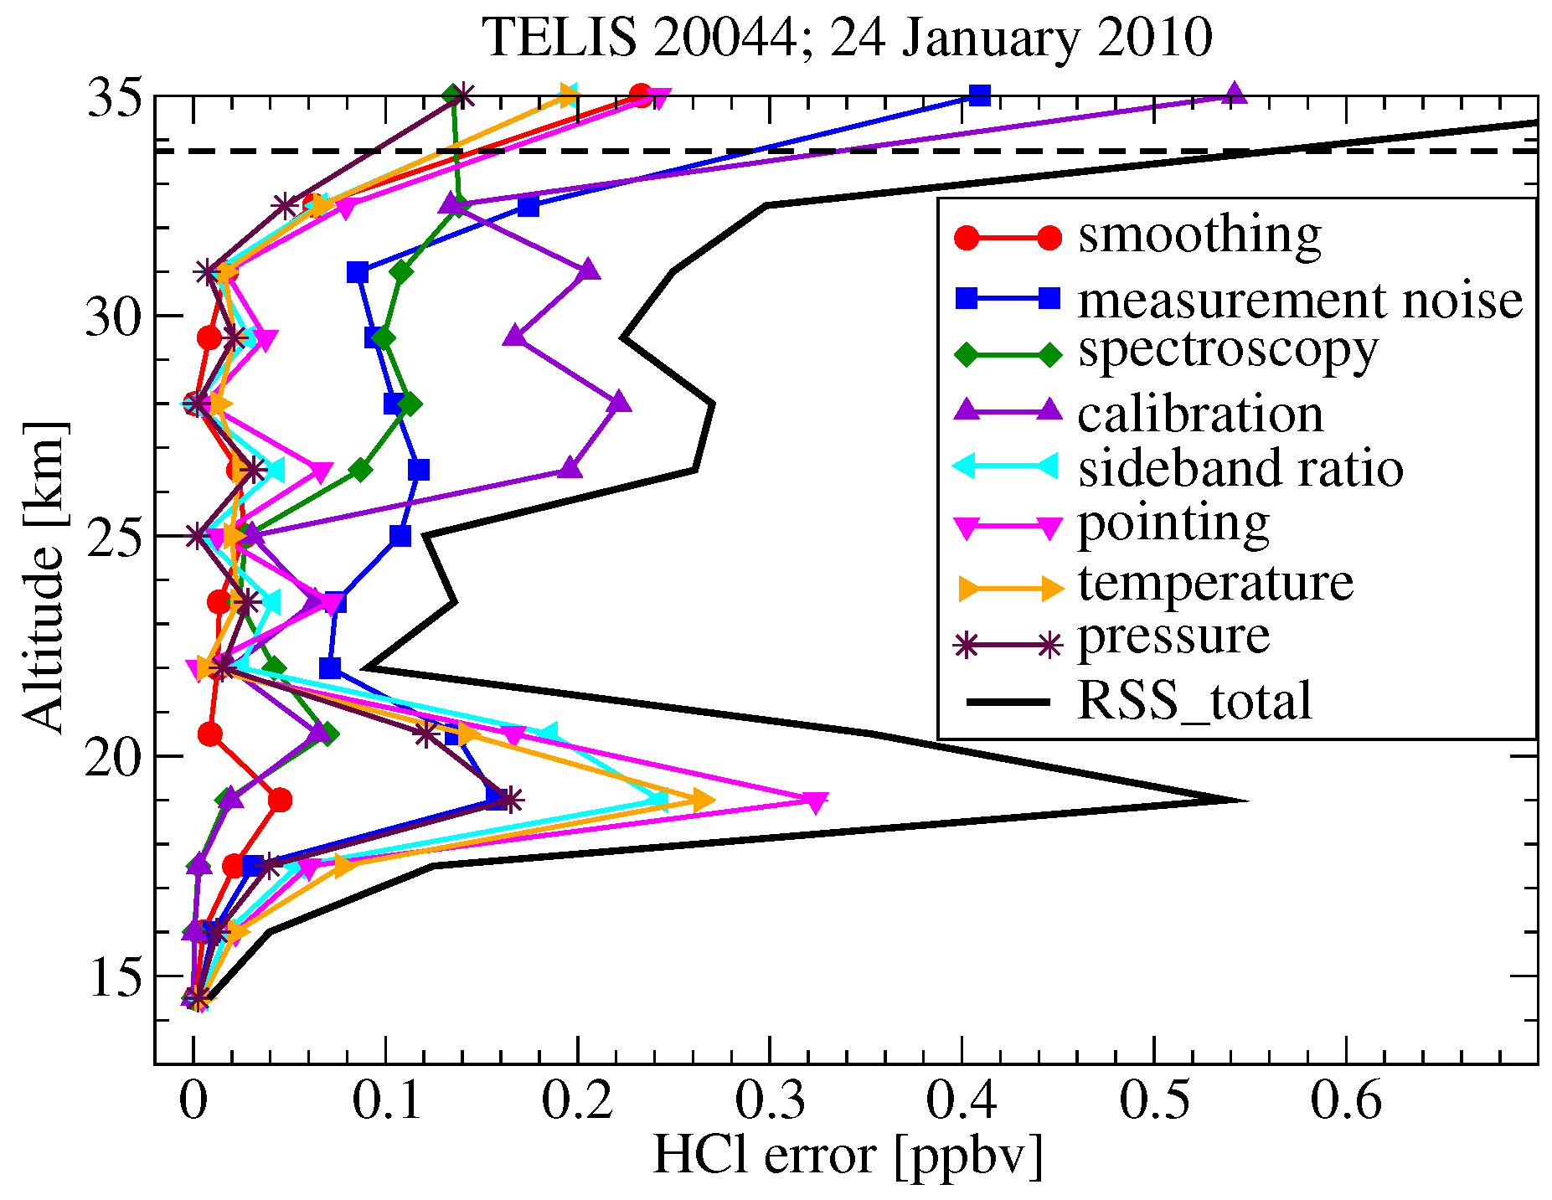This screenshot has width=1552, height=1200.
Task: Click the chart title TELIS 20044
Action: click(x=847, y=38)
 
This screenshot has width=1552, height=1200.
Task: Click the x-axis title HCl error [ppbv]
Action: click(x=847, y=1156)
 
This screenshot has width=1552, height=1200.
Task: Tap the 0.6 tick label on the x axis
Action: click(x=1346, y=1100)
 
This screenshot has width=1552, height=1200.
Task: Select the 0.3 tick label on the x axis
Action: click(x=770, y=1100)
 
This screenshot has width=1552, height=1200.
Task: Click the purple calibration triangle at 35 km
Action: click(x=1234, y=94)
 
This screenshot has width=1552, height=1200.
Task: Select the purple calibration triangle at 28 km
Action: click(x=619, y=403)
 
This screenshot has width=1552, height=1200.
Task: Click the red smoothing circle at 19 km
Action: click(x=281, y=801)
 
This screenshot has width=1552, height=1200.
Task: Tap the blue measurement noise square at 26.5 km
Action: click(x=419, y=470)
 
